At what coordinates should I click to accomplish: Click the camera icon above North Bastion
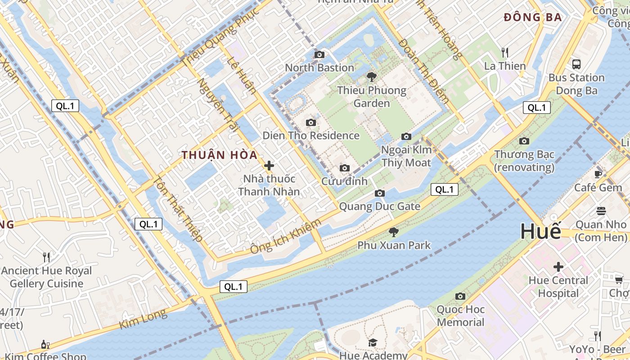(x=319, y=55)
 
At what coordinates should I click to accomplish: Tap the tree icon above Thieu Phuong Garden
(x=371, y=77)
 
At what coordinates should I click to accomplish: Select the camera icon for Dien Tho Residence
(x=310, y=123)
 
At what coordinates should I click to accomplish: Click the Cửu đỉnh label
(x=344, y=181)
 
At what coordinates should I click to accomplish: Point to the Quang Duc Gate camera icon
(x=380, y=193)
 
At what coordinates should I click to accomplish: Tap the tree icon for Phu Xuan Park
(x=394, y=232)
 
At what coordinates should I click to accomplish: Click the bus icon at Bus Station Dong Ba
(x=576, y=64)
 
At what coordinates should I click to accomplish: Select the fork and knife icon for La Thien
(x=505, y=53)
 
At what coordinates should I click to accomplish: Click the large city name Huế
(x=540, y=231)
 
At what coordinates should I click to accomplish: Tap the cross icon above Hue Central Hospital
(x=558, y=267)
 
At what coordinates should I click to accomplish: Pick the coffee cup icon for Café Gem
(x=598, y=174)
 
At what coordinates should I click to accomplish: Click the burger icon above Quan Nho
(x=601, y=211)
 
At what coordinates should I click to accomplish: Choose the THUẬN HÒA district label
(x=220, y=155)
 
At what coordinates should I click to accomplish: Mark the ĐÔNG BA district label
(x=533, y=18)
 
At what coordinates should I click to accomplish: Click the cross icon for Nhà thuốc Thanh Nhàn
(x=269, y=166)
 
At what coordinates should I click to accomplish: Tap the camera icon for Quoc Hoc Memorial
(x=460, y=296)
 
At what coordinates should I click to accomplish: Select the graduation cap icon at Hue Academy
(x=373, y=343)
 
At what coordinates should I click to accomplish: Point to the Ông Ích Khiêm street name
(x=286, y=236)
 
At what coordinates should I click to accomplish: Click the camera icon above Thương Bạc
(x=524, y=141)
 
